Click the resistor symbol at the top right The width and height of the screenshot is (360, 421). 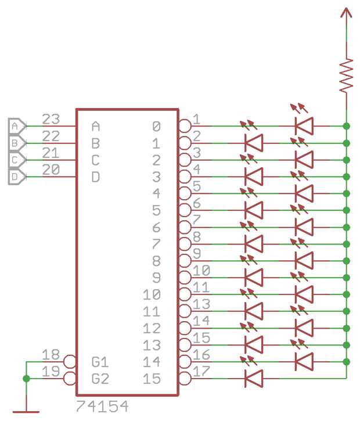tap(347, 75)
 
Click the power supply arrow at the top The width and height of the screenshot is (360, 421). tap(347, 16)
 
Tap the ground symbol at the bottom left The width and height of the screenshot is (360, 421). tap(26, 410)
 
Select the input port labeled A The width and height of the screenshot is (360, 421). tap(16, 125)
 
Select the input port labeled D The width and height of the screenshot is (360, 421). tap(16, 176)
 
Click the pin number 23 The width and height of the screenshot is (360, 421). tap(51, 119)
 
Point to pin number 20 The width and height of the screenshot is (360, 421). tap(51, 170)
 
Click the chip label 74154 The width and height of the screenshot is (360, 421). tap(102, 406)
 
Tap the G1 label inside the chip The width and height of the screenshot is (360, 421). tap(100, 362)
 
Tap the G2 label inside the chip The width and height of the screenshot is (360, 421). tap(100, 379)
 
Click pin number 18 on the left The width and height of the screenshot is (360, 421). tap(51, 355)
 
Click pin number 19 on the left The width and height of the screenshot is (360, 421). tap(51, 372)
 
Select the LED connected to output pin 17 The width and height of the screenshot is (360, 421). tap(254, 379)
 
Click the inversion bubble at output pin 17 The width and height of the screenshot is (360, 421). tap(185, 379)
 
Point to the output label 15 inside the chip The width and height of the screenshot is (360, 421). tap(152, 379)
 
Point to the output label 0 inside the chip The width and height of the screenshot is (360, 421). tap(156, 125)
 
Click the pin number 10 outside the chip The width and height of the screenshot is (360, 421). tap(201, 271)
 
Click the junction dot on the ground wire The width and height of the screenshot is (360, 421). tap(26, 379)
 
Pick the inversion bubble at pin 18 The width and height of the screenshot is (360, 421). tap(70, 362)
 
